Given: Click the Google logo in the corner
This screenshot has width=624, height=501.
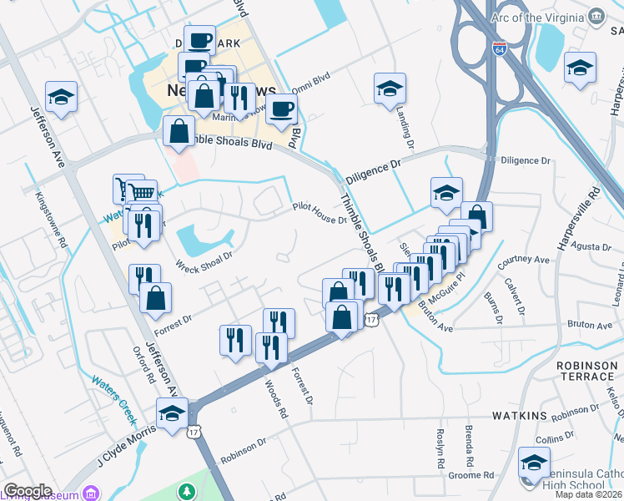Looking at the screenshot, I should point(28,491).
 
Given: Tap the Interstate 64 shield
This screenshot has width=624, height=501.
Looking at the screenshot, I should point(499,49).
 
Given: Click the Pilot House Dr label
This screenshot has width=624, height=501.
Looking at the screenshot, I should point(320,214).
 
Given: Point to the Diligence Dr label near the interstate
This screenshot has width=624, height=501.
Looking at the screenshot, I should point(526,159).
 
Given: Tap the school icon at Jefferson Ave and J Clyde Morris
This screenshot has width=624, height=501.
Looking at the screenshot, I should point(173,414).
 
